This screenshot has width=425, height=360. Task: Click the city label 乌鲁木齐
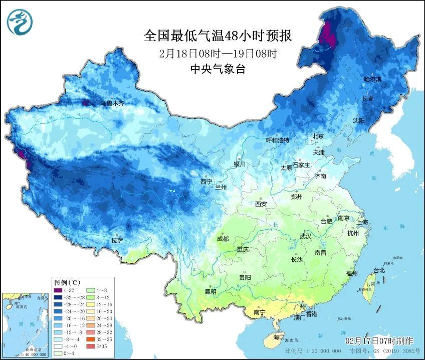coord(112,103)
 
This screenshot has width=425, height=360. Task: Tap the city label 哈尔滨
coord(372,80)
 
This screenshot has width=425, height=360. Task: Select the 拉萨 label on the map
coord(117,241)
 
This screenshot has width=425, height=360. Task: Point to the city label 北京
coord(318,136)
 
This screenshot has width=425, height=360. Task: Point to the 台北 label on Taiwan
coord(378,270)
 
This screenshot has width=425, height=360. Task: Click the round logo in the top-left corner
coord(20,22)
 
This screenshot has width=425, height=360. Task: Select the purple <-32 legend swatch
coord(59,290)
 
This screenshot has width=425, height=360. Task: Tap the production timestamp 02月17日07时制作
coord(382,340)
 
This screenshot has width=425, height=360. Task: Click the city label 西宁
coord(206,181)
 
